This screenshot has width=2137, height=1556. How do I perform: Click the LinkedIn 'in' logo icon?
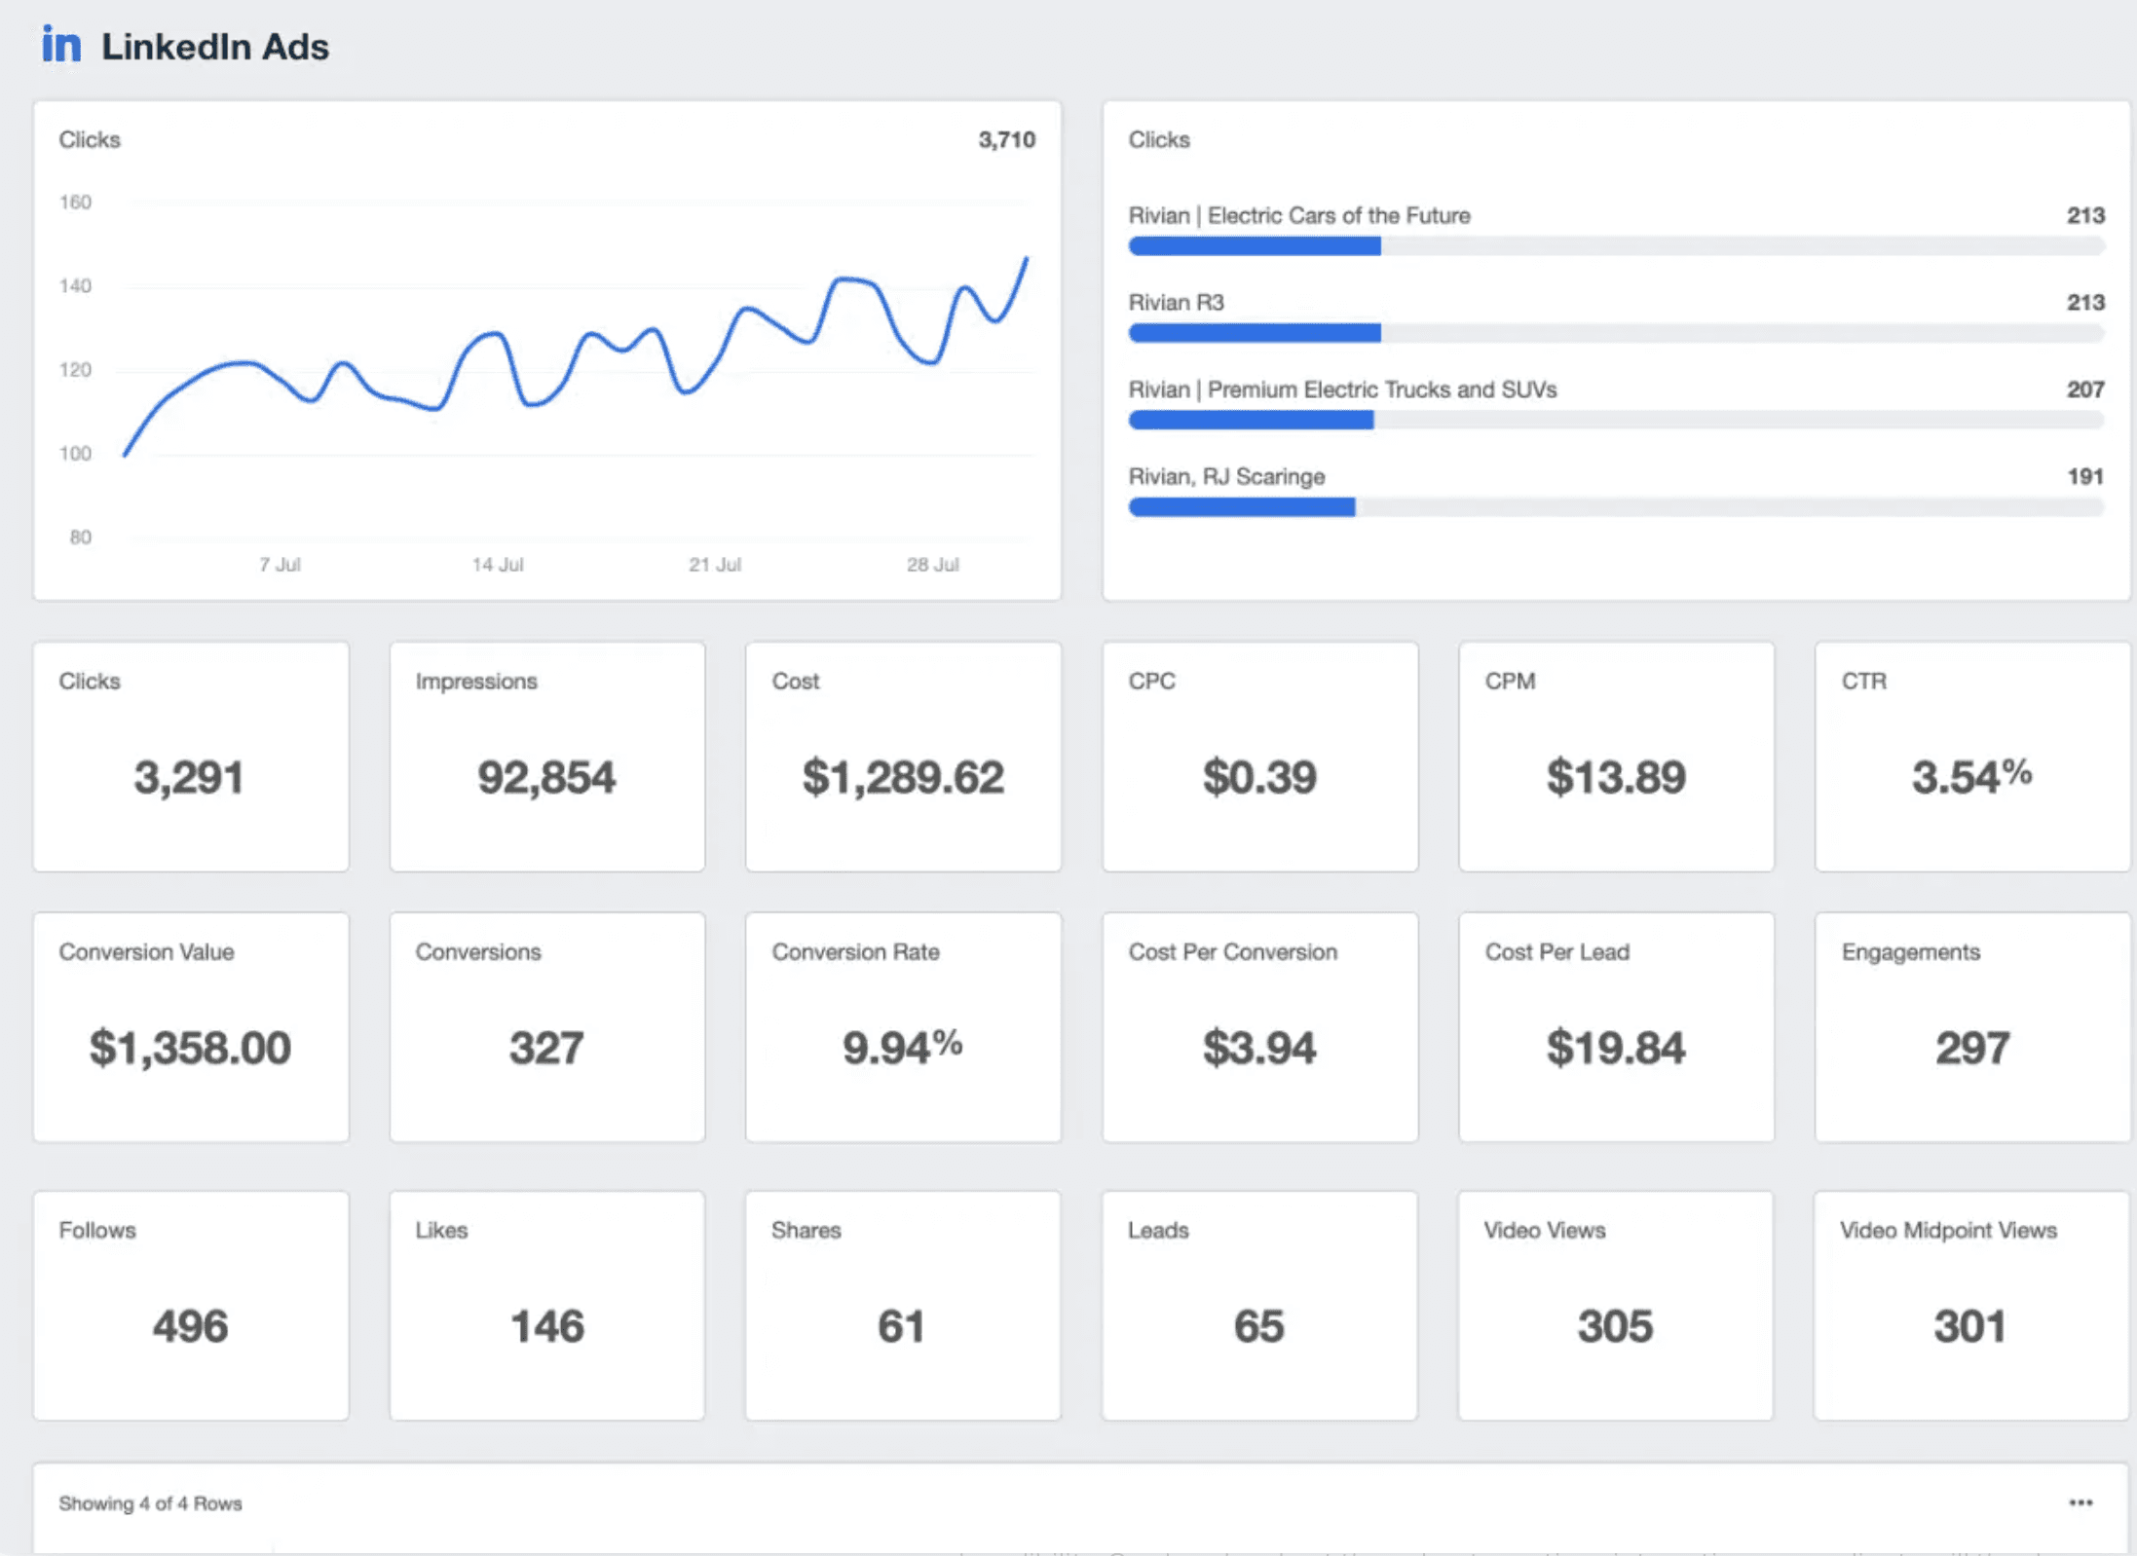tap(60, 45)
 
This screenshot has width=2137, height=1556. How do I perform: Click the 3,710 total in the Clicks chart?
tap(1006, 140)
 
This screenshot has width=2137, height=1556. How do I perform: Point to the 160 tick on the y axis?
tap(75, 203)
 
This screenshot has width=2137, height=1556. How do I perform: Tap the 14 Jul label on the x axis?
tap(497, 565)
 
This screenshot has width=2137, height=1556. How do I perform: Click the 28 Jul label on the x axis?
tap(932, 565)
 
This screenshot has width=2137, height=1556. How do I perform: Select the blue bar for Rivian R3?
tap(1254, 334)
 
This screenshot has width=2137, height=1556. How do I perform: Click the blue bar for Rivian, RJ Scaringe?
tap(1241, 507)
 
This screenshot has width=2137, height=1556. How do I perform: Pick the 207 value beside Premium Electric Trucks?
tap(2084, 389)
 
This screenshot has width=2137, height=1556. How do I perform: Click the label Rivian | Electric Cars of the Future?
tap(1298, 215)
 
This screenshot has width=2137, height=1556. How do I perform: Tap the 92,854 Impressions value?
tap(546, 778)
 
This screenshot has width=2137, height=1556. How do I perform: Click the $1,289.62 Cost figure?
tap(903, 778)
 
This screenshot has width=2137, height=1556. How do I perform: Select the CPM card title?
tap(1510, 682)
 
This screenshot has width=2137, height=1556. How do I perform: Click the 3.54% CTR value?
tap(1970, 777)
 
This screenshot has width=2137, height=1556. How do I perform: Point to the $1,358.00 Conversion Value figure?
tap(190, 1049)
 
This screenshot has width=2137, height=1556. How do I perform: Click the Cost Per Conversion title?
tap(1232, 952)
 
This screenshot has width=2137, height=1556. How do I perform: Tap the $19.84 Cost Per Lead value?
tap(1615, 1049)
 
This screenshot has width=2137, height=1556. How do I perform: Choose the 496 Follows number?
tap(190, 1327)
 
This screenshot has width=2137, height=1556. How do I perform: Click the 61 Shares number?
tap(901, 1327)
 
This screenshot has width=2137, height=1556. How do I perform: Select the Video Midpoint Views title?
tap(1948, 1231)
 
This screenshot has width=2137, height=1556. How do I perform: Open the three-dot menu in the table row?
tap(2081, 1503)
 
